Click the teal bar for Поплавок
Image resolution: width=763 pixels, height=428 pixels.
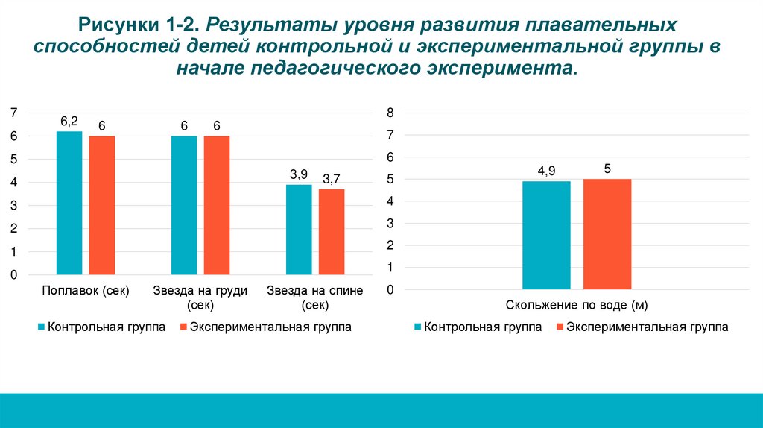click(69, 203)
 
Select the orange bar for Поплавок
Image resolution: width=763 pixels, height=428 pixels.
click(102, 205)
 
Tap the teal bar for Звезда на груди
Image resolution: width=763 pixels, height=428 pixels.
click(184, 205)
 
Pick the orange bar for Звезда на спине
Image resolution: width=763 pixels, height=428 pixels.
click(332, 232)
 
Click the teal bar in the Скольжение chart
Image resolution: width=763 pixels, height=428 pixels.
click(546, 235)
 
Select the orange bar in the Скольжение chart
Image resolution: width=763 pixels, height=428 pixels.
click(607, 233)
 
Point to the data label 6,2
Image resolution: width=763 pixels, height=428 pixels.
click(69, 121)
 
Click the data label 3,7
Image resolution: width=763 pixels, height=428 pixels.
click(331, 179)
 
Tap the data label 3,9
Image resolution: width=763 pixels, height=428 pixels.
click(299, 174)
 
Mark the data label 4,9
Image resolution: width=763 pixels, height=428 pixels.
click(546, 171)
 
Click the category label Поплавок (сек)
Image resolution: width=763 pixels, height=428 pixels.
click(86, 291)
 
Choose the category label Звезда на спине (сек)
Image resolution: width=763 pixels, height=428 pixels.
click(315, 298)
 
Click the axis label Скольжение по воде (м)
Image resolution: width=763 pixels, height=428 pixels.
click(576, 305)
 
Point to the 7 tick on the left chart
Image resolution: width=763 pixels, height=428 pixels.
click(13, 113)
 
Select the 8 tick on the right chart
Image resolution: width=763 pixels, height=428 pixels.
click(389, 113)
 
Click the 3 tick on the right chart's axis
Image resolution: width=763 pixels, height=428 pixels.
click(389, 224)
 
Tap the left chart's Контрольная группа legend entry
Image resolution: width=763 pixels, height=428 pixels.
click(101, 327)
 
